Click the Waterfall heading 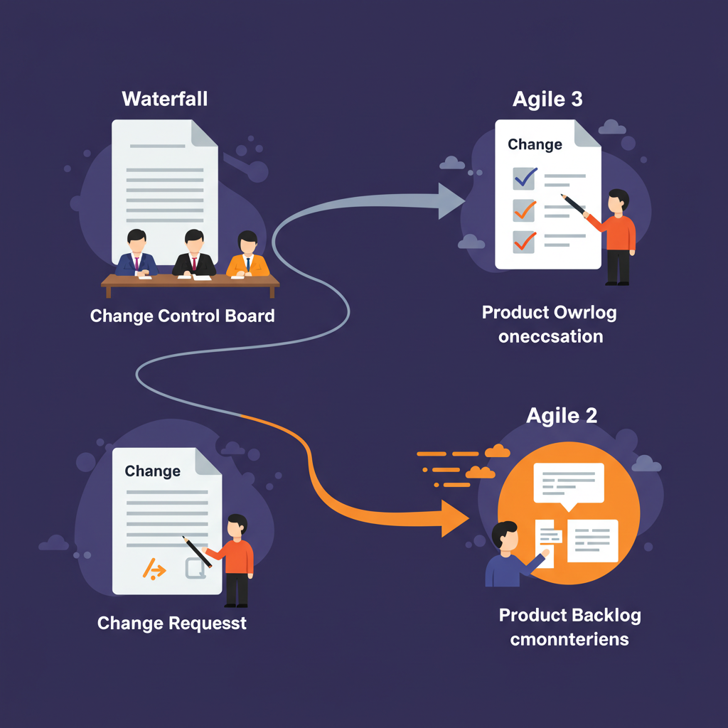[165, 98]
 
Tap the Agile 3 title [547, 99]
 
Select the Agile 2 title [562, 415]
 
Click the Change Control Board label [183, 316]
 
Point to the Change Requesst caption [172, 623]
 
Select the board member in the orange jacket [247, 255]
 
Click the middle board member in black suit [193, 255]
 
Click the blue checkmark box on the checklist [524, 178]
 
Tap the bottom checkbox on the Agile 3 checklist [524, 241]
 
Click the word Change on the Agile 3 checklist [535, 144]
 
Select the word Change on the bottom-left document [152, 471]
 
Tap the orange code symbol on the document [154, 569]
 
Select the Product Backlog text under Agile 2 [569, 616]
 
